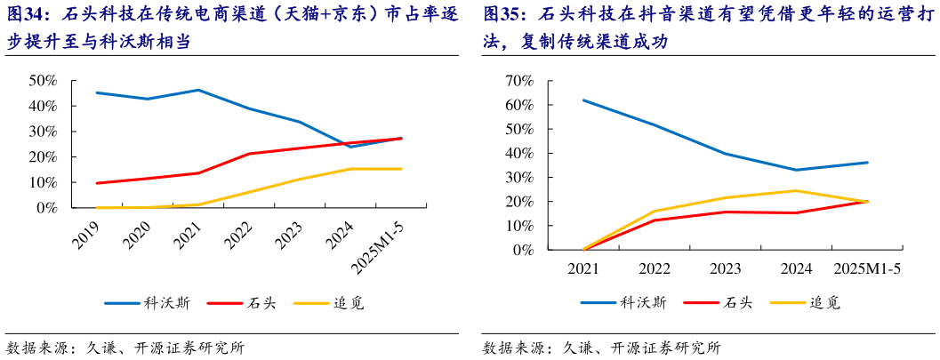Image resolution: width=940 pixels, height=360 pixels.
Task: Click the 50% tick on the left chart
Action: (44, 80)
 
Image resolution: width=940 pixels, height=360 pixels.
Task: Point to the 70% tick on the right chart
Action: (518, 80)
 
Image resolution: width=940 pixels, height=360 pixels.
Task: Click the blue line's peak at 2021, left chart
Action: (197, 90)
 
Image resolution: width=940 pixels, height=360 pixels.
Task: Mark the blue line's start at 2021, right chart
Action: (583, 100)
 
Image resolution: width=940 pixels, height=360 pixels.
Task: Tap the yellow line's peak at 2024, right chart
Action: (796, 190)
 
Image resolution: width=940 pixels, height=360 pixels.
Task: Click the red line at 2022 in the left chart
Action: (249, 154)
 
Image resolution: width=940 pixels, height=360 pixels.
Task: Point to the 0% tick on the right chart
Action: (522, 250)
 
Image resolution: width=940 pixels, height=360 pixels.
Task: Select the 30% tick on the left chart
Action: (44, 131)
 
